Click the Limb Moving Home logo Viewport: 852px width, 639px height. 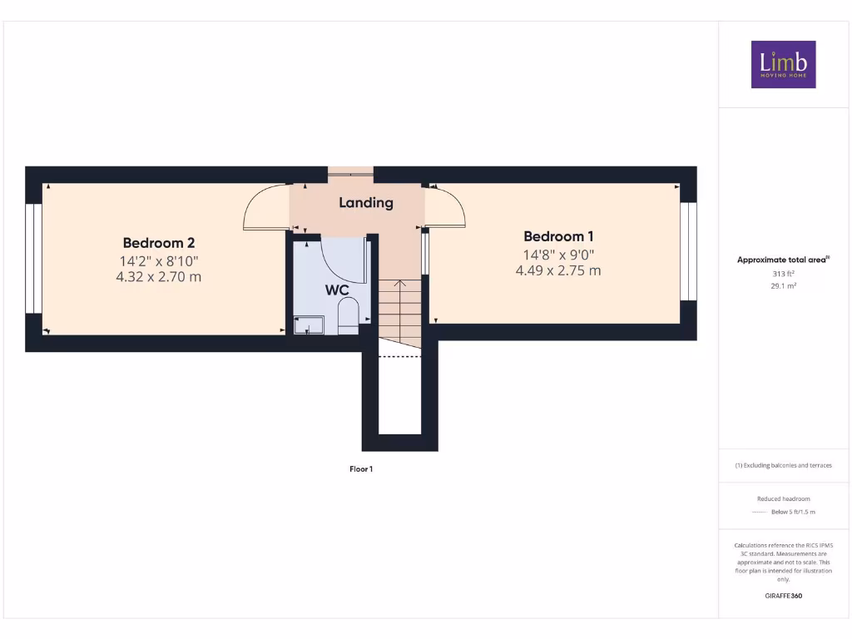pos(783,64)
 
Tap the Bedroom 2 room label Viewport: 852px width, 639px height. pos(159,243)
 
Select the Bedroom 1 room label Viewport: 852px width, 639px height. pos(558,236)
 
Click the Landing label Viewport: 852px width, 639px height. pos(366,202)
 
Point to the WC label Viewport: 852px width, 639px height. pos(337,291)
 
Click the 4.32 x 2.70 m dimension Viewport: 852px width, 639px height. pos(159,276)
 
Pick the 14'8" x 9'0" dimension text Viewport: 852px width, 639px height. pos(558,255)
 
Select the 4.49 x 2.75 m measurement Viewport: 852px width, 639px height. pos(558,270)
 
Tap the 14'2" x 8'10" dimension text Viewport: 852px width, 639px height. pos(159,260)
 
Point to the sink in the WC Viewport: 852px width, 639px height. pos(308,324)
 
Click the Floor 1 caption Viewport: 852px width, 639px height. pos(361,469)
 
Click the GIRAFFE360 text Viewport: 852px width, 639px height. pos(783,596)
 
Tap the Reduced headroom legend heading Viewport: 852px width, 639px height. pos(783,498)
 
